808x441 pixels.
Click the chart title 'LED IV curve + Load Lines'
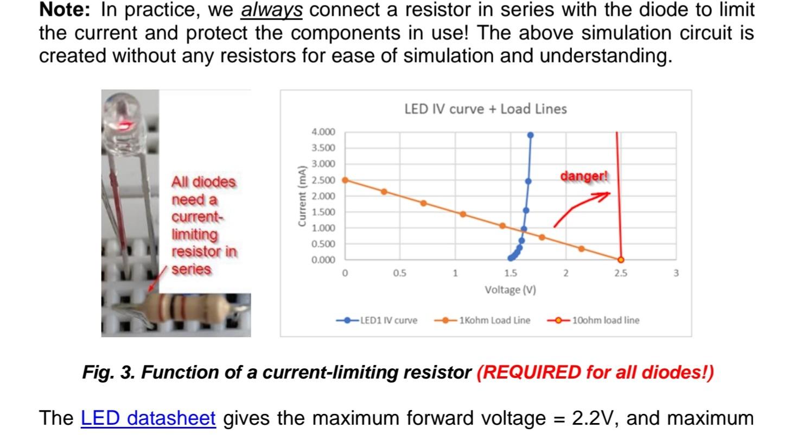(485, 109)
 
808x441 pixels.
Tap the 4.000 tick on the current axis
(323, 132)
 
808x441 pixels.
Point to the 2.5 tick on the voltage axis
(621, 273)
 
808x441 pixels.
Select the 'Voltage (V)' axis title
(510, 290)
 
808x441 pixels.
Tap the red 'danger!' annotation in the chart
(584, 177)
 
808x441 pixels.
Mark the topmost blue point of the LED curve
(530, 135)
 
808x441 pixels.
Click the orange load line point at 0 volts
(345, 180)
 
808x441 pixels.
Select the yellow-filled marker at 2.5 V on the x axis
(621, 260)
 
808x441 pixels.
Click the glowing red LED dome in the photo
(123, 124)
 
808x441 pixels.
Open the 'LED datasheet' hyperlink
(148, 419)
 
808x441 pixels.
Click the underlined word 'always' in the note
(271, 10)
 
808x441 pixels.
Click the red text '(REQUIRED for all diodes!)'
(595, 373)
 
